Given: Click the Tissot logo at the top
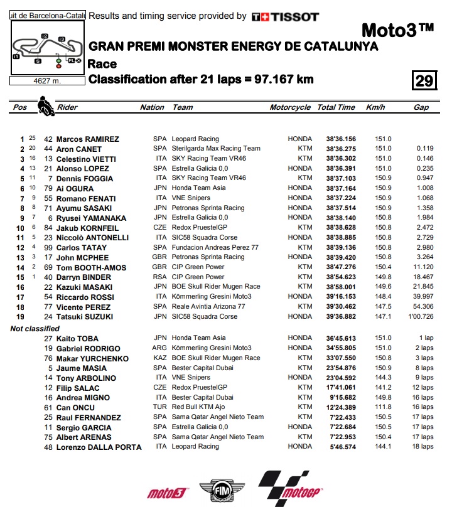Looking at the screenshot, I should click(285, 17).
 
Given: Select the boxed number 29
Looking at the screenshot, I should click(424, 81).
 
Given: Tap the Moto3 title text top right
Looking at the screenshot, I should click(398, 30).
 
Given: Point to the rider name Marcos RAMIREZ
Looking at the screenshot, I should click(87, 139).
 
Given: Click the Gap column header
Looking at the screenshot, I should click(421, 107).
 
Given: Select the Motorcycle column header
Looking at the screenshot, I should click(290, 107).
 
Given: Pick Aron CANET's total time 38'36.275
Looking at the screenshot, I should click(341, 149).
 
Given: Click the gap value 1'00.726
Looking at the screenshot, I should click(419, 317).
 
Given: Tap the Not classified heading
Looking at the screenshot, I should click(35, 328).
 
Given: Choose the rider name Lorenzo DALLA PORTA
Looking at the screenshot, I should click(99, 447).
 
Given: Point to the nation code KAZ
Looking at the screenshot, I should click(160, 358).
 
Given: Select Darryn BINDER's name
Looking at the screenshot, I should click(84, 277).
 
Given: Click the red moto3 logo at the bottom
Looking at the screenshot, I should click(168, 493).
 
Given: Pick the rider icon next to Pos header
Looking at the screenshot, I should click(45, 104).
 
